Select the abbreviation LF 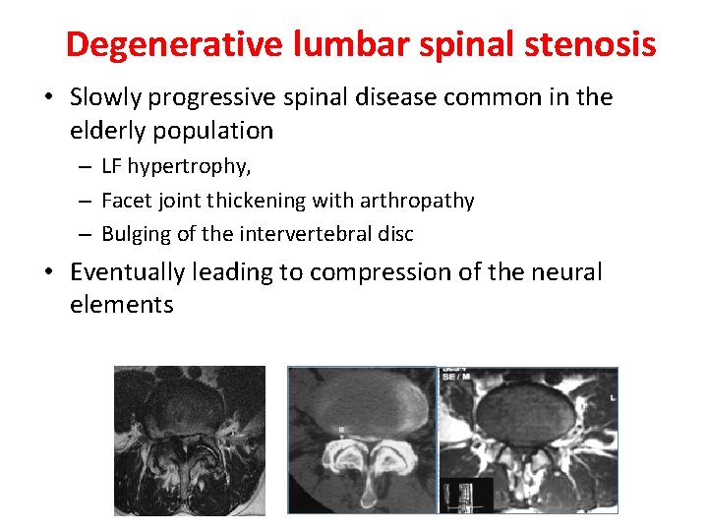[111, 167]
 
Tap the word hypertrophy [188, 167]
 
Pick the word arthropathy [424, 201]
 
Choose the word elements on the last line [121, 305]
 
